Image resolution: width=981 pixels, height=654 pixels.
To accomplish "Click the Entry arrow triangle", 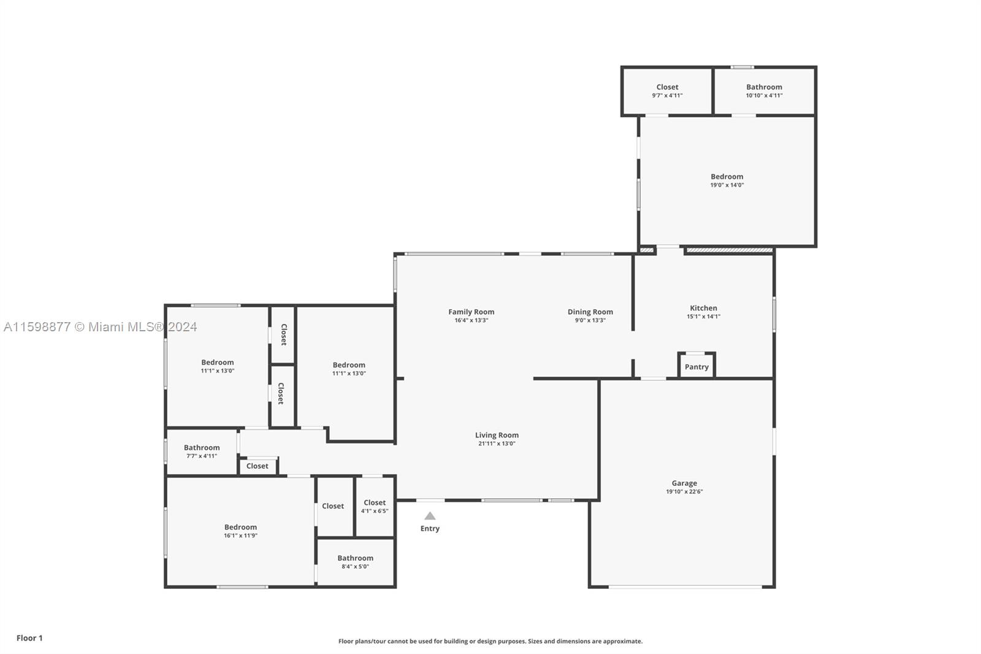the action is (x=430, y=516).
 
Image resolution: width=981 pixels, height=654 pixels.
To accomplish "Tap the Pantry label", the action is (x=697, y=367).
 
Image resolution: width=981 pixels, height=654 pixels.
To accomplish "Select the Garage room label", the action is (x=684, y=483).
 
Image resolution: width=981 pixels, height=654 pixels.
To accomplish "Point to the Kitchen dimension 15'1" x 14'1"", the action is (x=703, y=317).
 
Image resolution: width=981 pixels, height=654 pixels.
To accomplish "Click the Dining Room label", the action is (x=590, y=312).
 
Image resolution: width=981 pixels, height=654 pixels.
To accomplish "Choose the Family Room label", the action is (x=471, y=312).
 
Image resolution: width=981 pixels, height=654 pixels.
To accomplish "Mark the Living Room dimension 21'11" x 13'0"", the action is (x=497, y=444).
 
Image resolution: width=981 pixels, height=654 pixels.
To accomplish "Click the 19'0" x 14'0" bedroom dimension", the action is (x=727, y=185).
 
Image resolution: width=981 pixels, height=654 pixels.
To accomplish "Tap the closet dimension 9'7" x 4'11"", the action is (x=667, y=96).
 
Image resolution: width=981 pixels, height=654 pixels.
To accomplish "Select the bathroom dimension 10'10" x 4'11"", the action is (x=764, y=96).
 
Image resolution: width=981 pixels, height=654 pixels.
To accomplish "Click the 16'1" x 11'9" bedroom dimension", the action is (x=240, y=536).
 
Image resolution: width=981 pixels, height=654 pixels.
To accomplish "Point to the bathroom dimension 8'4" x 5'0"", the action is (x=355, y=566).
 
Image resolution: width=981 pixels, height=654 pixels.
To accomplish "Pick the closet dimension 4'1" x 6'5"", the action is (x=375, y=511).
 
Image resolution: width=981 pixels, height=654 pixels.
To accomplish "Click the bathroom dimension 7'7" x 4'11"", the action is (x=202, y=456).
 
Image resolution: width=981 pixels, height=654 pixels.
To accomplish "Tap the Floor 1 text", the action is (x=30, y=638).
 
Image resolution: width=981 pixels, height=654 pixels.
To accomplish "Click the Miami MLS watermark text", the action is (x=101, y=327).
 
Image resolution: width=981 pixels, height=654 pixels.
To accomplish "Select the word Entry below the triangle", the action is (x=430, y=529).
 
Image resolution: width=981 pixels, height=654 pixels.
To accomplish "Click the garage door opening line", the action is (x=685, y=587).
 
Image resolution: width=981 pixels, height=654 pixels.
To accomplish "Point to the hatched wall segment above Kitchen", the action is (x=729, y=250).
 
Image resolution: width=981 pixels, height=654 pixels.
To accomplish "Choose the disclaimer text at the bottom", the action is (x=490, y=641).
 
